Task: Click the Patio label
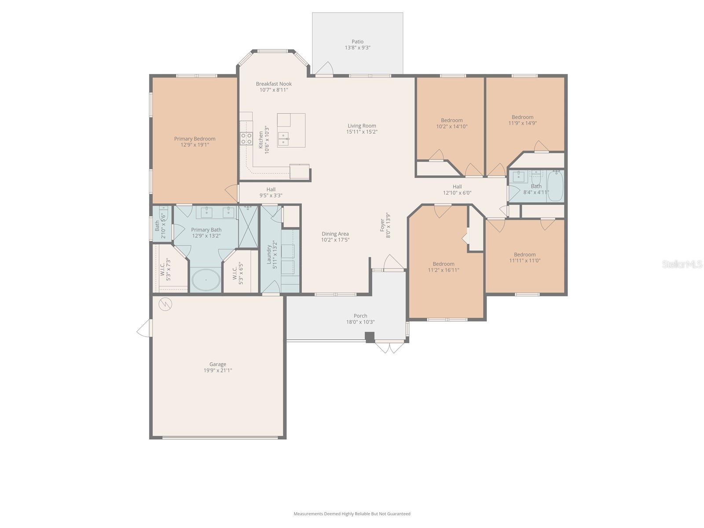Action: [x=357, y=42]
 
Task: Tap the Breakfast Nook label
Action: [x=274, y=84]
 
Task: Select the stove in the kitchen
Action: [x=246, y=139]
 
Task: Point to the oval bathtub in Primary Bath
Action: [x=206, y=280]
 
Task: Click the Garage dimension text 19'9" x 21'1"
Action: [x=217, y=370]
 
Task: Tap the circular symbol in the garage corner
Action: [x=165, y=304]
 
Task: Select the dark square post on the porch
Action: [x=370, y=337]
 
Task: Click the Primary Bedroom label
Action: [x=194, y=139]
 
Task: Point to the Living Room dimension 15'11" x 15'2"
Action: [x=362, y=132]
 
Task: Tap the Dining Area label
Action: [x=335, y=234]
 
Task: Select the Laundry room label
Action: [x=269, y=255]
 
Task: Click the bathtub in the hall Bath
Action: [x=555, y=187]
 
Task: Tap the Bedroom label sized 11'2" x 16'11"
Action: [x=443, y=264]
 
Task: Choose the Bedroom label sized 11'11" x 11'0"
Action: [x=524, y=254]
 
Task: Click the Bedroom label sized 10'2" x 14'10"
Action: [x=451, y=120]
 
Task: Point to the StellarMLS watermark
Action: [x=682, y=264]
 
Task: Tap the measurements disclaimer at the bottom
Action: [x=352, y=513]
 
